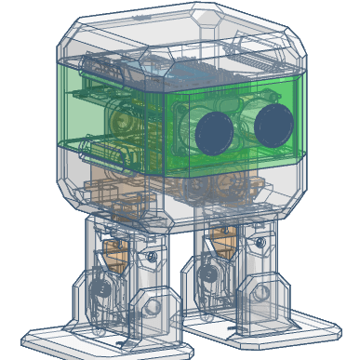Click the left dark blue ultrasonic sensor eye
[x=214, y=131]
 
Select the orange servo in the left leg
[x=113, y=248]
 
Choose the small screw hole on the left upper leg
[x=149, y=255]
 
